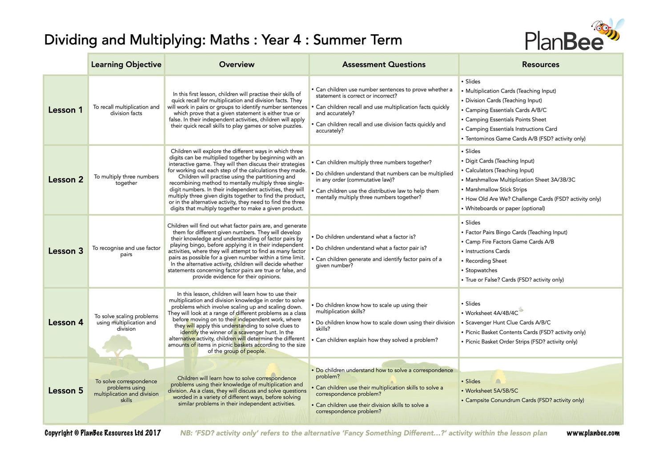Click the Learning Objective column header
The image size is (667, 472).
126,65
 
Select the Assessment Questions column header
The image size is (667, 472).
384,65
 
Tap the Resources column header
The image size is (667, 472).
540,65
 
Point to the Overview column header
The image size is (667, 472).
237,65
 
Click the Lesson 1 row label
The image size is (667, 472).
65,110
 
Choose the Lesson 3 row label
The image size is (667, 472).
65,251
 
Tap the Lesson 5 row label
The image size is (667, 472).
65,391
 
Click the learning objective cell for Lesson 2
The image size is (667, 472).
126,180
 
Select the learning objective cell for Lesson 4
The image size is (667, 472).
126,323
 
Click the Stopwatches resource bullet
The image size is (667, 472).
481,270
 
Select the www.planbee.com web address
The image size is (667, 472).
593,433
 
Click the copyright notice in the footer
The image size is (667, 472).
103,433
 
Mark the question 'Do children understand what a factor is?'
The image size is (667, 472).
366,237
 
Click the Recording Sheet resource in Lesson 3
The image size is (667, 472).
486,261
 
